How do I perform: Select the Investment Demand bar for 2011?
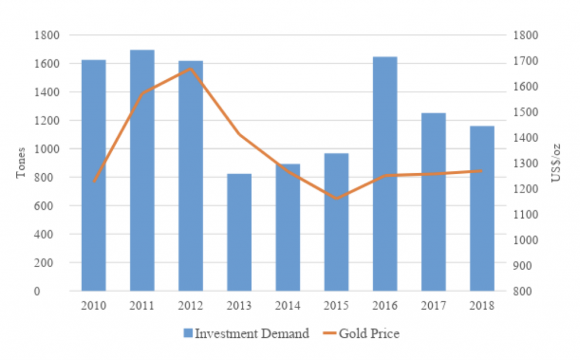[x=142, y=170]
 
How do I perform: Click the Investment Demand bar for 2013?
[x=239, y=232]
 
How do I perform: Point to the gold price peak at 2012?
[x=190, y=69]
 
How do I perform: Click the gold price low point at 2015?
[x=336, y=199]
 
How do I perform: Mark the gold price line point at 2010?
[x=93, y=182]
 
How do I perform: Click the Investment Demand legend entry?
[x=246, y=333]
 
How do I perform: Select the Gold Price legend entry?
[x=362, y=333]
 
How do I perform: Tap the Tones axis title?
[x=21, y=164]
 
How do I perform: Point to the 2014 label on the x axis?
[x=288, y=306]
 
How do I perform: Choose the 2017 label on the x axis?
[x=433, y=306]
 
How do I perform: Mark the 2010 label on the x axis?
[x=93, y=306]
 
